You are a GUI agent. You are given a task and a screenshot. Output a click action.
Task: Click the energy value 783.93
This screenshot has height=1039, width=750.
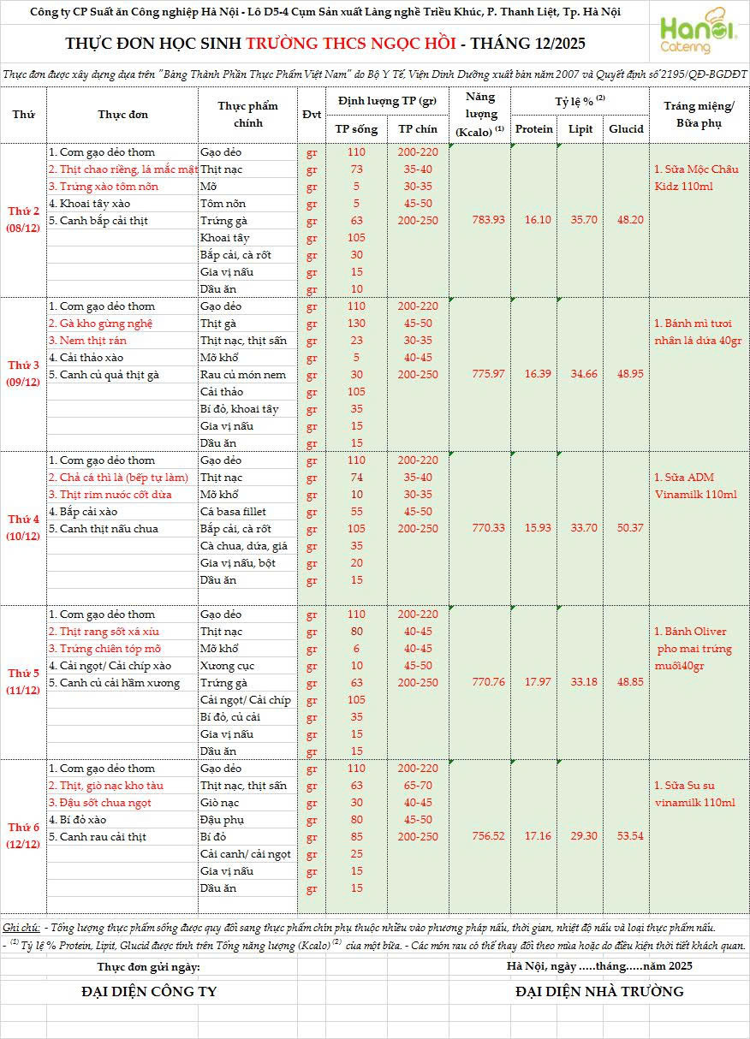[x=488, y=220]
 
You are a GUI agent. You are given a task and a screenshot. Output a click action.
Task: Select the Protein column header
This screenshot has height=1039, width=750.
[x=534, y=129]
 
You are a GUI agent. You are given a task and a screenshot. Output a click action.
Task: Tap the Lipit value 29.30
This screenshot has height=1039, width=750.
[x=584, y=836]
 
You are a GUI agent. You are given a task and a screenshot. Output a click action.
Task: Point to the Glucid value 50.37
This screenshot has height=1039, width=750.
[x=626, y=528]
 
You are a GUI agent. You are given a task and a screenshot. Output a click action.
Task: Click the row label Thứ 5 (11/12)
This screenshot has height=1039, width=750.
[x=24, y=681]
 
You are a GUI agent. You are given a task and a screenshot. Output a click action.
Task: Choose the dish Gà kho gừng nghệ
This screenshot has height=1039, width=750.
[x=100, y=324]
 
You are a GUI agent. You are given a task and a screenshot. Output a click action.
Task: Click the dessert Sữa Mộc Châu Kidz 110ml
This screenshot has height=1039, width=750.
[x=695, y=178]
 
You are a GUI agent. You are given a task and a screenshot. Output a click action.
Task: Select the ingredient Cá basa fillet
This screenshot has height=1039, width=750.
[x=233, y=512]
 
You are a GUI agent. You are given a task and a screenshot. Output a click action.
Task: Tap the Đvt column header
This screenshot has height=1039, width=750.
[x=311, y=116]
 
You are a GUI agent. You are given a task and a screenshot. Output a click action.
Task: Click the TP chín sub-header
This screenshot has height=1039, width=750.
[x=418, y=129]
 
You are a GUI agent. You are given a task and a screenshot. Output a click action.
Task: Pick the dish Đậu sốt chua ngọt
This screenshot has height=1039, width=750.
[x=100, y=803]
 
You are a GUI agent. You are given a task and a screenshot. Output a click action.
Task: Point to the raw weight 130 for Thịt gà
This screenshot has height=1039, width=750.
[x=357, y=324]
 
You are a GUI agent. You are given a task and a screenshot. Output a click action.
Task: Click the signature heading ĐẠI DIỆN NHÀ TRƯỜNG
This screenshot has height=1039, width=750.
[x=599, y=992]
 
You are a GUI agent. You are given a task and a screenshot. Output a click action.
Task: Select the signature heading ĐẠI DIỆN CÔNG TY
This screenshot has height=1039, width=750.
[x=149, y=992]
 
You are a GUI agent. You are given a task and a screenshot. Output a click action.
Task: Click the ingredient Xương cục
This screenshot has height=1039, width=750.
[x=227, y=666]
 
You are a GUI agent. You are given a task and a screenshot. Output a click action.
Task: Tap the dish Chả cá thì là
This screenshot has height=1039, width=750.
[x=117, y=478]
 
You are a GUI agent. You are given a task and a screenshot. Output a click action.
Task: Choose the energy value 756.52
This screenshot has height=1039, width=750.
[x=488, y=836]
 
